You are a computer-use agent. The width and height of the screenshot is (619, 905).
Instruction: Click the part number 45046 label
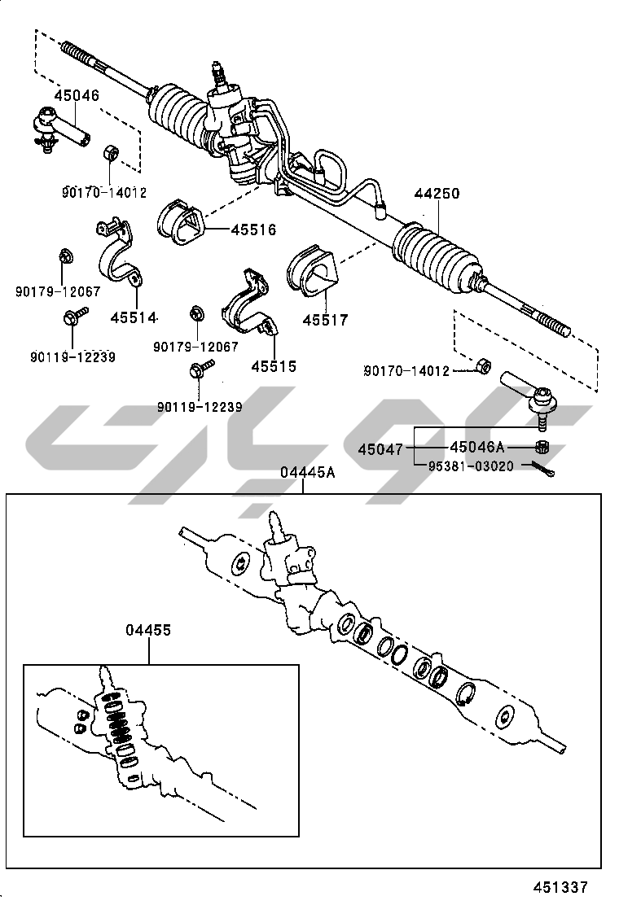pyautogui.click(x=77, y=95)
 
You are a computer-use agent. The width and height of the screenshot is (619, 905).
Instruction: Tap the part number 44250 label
pyautogui.click(x=437, y=194)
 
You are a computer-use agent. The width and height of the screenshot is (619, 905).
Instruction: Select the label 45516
pyautogui.click(x=253, y=230)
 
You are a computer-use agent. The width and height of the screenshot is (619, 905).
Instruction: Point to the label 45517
pyautogui.click(x=325, y=320)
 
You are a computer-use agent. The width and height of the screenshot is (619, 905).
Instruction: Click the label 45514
pyautogui.click(x=134, y=317)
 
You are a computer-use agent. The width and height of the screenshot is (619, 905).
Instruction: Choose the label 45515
pyautogui.click(x=274, y=366)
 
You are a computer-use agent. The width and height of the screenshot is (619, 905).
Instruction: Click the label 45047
pyautogui.click(x=380, y=449)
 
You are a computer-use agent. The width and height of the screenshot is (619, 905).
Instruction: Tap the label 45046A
pyautogui.click(x=477, y=447)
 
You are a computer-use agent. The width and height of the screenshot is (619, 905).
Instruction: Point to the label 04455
pyautogui.click(x=148, y=631)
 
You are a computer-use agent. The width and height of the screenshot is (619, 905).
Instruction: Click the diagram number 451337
pyautogui.click(x=560, y=887)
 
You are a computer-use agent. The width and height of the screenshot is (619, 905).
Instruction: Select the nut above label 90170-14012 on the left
pyautogui.click(x=110, y=154)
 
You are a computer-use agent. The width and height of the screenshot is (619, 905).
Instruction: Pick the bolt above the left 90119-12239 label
pyautogui.click(x=71, y=318)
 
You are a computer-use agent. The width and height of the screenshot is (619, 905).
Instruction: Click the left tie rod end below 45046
pyautogui.click(x=57, y=127)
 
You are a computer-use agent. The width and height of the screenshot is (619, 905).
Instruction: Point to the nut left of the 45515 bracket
pyautogui.click(x=195, y=313)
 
